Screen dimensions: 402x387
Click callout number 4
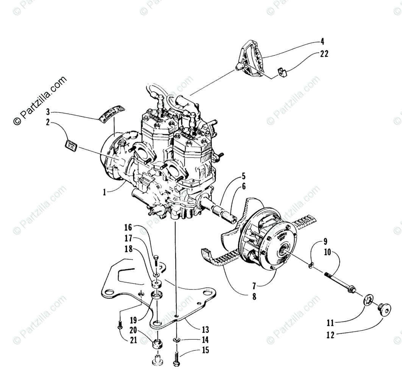[x=322, y=41]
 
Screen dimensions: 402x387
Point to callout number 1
[x=104, y=192]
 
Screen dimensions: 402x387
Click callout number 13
[x=205, y=330]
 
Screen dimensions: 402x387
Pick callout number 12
[x=330, y=335]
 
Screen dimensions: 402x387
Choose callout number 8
[x=254, y=297]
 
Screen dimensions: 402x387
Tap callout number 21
[x=133, y=340]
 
